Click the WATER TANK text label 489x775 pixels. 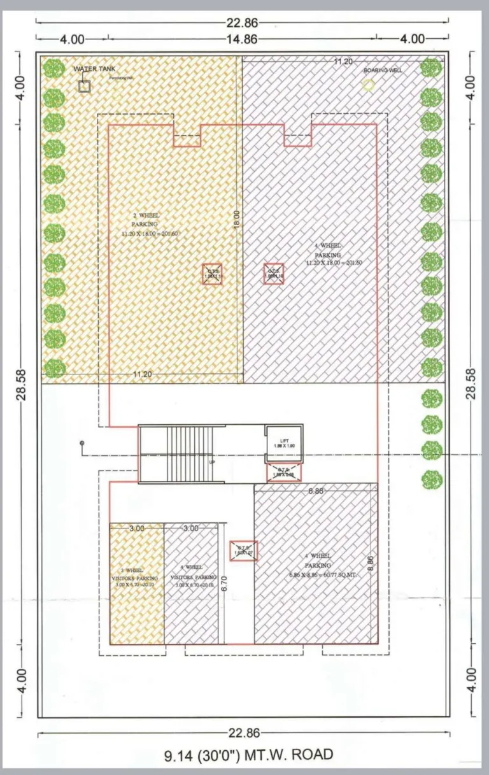click(94, 68)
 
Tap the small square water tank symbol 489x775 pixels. click(84, 87)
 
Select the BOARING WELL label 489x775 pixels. click(383, 70)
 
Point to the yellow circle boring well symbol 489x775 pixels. click(368, 84)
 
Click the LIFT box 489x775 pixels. click(284, 441)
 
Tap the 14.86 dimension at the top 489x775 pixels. click(242, 39)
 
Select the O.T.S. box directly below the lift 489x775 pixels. click(283, 473)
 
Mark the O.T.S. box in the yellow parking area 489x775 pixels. click(212, 274)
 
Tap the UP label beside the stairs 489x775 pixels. click(212, 462)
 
